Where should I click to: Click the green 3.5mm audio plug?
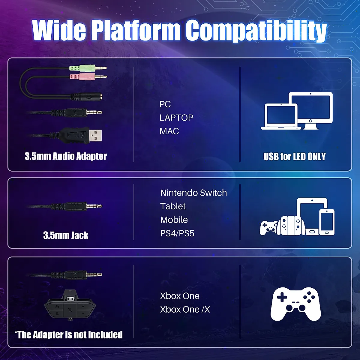click(87, 68)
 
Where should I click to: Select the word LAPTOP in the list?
click(176, 118)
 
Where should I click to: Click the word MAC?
click(169, 131)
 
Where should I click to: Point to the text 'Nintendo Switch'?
click(193, 193)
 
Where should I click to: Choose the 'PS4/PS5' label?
click(177, 233)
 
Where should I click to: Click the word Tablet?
click(173, 206)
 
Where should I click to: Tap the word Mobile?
click(174, 220)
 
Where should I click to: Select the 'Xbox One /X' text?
click(185, 309)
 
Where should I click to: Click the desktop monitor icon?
click(311, 109)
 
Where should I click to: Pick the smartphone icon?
click(327, 222)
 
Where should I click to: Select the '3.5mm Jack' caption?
click(66, 235)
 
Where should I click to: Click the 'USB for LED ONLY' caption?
click(294, 156)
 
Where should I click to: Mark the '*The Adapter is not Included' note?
click(69, 334)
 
